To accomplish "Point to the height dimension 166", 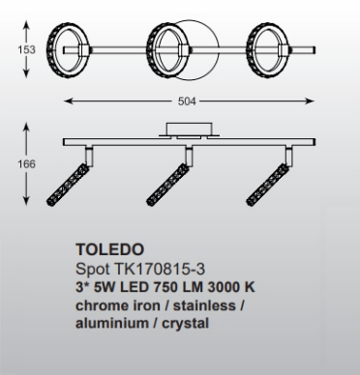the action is coord(13,163).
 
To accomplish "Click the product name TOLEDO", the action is coord(103,247).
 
